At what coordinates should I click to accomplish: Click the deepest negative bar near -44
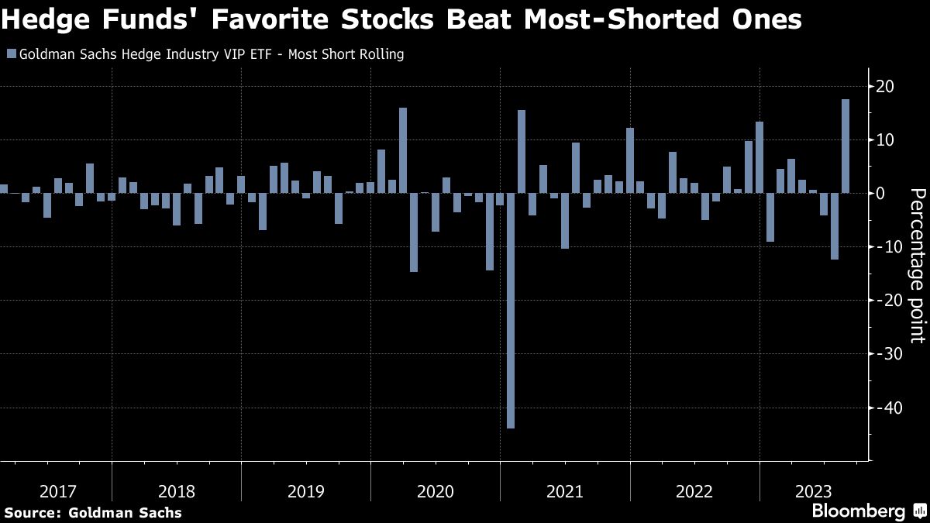click(x=510, y=310)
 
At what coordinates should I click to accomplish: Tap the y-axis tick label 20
click(x=883, y=86)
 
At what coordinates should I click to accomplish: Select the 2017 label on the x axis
click(x=59, y=491)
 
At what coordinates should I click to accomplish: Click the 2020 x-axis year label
click(x=436, y=491)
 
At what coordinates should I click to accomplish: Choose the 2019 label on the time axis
click(x=306, y=491)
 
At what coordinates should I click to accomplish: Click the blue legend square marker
click(x=11, y=54)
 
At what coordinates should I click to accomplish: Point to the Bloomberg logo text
click(x=858, y=511)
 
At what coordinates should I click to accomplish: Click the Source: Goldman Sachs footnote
click(x=93, y=512)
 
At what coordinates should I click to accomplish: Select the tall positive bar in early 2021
click(x=521, y=151)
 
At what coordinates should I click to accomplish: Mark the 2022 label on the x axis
click(x=694, y=491)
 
